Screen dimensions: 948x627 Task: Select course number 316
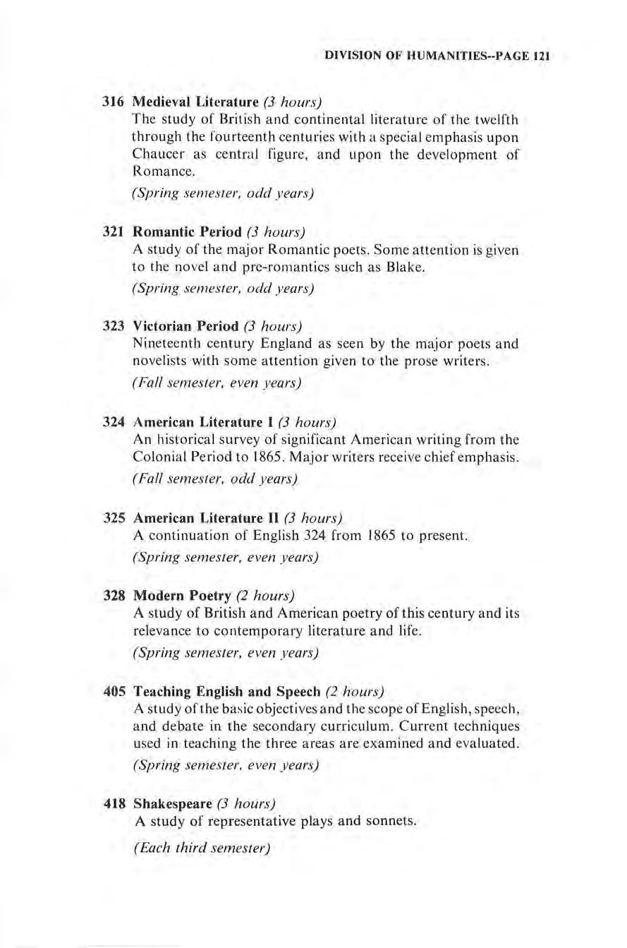(x=115, y=100)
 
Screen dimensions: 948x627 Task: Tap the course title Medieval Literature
(x=181, y=100)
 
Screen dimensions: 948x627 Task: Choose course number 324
(x=115, y=423)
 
